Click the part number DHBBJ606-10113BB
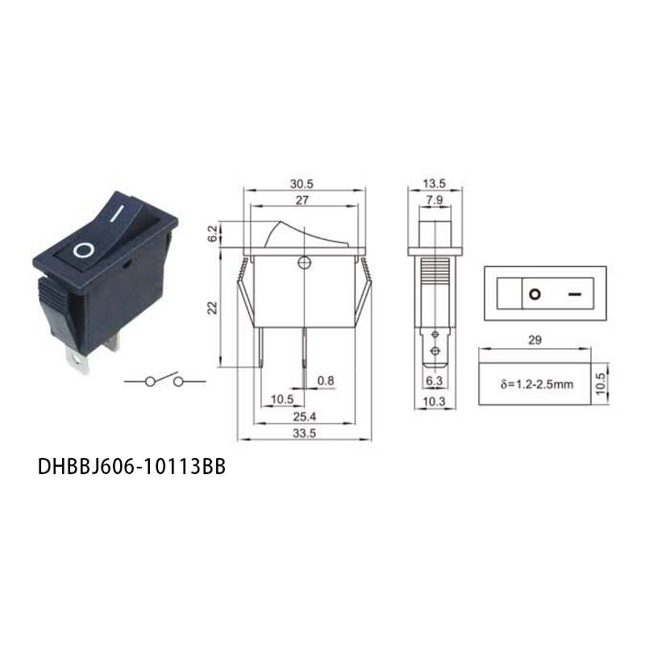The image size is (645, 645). coord(131,467)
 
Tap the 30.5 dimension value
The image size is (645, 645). coord(302,184)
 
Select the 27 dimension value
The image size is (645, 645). coord(302,200)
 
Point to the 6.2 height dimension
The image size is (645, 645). coord(212,234)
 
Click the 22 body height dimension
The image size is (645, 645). coord(212,308)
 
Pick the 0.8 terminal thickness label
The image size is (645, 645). coord(326,381)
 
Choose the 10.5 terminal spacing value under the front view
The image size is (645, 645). coord(282,399)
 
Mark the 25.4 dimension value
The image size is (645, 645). coord(305,417)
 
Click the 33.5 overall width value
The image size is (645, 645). coord(305,433)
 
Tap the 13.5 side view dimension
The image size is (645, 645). coord(434,184)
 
